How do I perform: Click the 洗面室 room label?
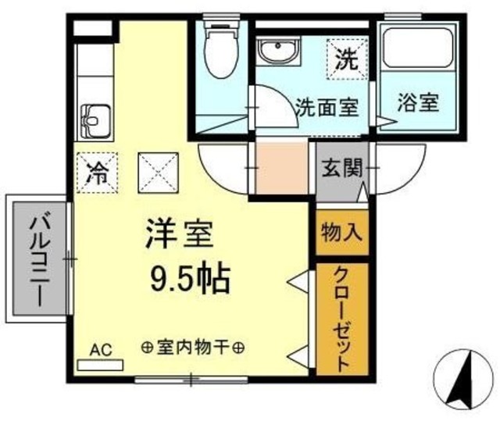pyautogui.click(x=326, y=106)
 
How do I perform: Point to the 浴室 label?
pyautogui.click(x=418, y=103)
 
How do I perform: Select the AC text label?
pyautogui.click(x=101, y=348)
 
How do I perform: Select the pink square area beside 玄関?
pyautogui.click(x=281, y=167)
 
